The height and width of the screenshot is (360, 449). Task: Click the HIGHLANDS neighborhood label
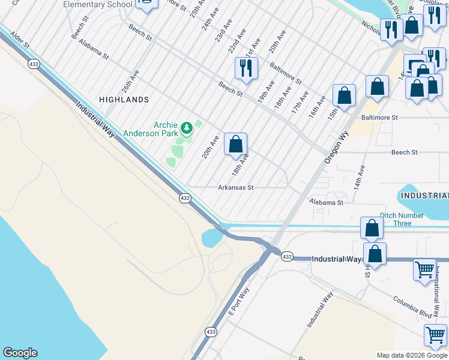(x=124, y=99)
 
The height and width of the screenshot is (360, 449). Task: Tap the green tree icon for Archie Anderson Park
(x=187, y=127)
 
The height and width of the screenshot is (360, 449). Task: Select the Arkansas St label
(x=236, y=187)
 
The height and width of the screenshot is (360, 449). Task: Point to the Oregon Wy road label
(x=336, y=148)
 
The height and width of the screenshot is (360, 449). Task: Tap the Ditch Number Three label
(x=403, y=219)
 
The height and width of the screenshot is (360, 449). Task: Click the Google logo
(x=20, y=353)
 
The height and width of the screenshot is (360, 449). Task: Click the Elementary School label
(x=97, y=5)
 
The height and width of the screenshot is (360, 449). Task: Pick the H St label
(x=367, y=267)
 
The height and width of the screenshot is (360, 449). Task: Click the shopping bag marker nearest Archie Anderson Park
(x=236, y=145)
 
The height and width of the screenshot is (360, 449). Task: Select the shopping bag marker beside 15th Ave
(x=345, y=95)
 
